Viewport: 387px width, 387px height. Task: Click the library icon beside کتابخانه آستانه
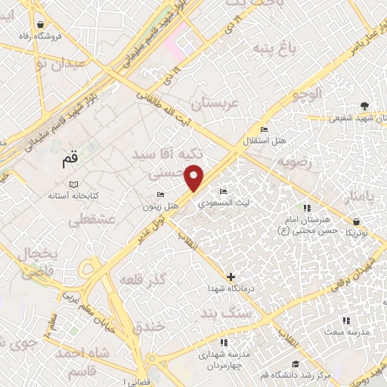coord(73,184)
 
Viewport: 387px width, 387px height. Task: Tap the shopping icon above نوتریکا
coord(355,221)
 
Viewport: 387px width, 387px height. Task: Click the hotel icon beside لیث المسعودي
coord(222,191)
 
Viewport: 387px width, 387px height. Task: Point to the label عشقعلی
coord(85,221)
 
